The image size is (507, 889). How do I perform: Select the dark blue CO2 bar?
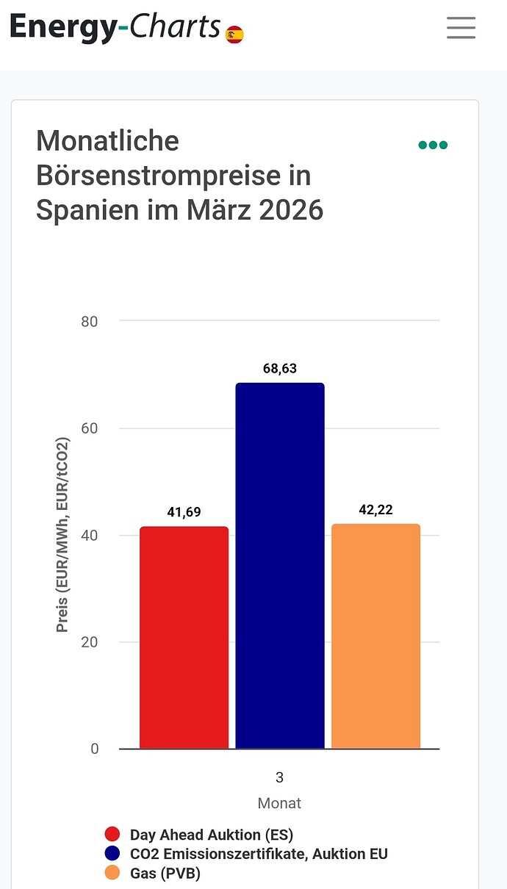280,566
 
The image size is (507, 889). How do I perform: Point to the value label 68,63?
280,368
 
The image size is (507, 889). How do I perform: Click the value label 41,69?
184,512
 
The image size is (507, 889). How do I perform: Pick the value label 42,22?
376,510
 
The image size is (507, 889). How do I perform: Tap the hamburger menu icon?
461,27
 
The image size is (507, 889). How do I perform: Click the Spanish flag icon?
234,34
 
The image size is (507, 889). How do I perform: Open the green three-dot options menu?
433,145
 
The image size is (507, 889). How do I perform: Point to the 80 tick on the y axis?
89,321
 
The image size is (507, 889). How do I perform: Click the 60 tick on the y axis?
89,428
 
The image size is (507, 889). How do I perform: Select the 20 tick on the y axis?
89,642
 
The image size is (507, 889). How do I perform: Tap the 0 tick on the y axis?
94,749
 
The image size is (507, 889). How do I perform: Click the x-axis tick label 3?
280,777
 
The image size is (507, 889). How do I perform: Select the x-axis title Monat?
279,803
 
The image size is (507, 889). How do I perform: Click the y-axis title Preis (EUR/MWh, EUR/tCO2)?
62,535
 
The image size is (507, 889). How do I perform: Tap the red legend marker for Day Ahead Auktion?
112,835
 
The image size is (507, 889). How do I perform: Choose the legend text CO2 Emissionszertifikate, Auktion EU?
259,854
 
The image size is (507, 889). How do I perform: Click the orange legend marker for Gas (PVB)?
112,873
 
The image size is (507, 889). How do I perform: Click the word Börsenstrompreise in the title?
173,176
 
